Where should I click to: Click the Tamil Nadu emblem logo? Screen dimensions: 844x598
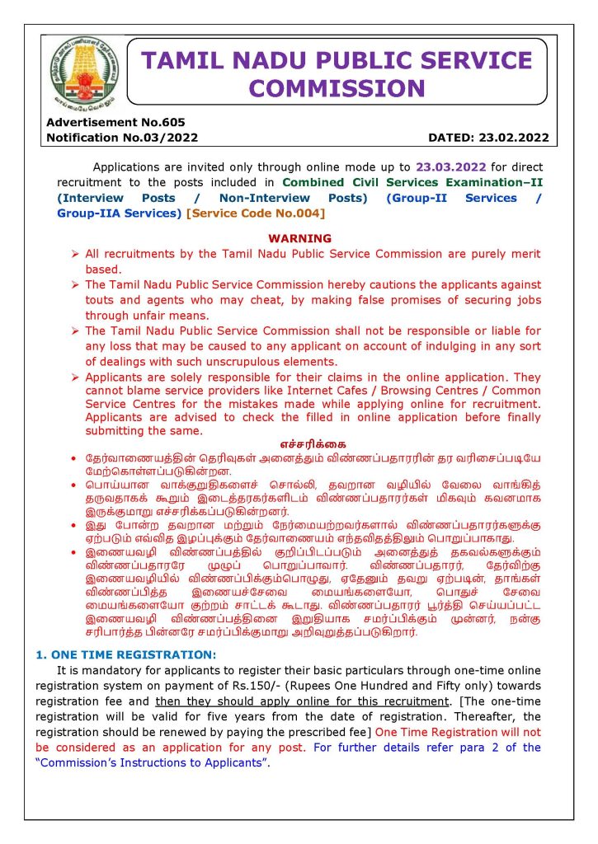click(82, 73)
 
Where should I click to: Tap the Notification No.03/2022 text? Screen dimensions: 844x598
click(122, 138)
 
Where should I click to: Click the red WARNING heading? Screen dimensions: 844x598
click(299, 238)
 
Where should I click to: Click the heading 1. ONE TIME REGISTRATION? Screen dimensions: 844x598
click(125, 654)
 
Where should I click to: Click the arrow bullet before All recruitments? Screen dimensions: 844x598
click(76, 254)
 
